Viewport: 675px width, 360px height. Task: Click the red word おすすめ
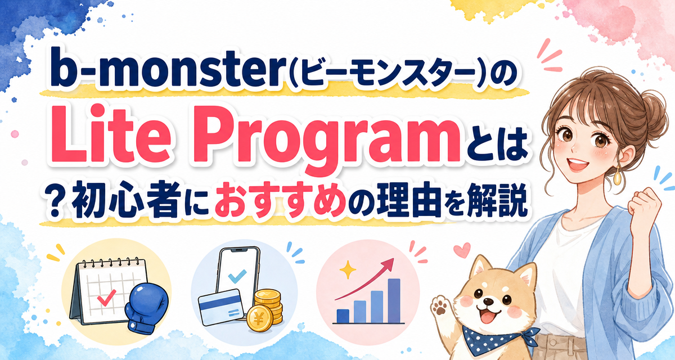click(x=280, y=201)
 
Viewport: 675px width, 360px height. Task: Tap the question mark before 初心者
click(x=55, y=202)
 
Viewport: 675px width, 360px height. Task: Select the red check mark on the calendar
click(x=106, y=298)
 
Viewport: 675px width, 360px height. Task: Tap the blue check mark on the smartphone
click(x=237, y=276)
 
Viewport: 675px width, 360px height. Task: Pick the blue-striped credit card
click(x=221, y=307)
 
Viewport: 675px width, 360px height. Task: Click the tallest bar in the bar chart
click(x=394, y=300)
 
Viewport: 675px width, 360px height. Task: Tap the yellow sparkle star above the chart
click(x=348, y=269)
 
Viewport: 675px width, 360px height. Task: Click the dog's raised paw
click(x=440, y=307)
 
